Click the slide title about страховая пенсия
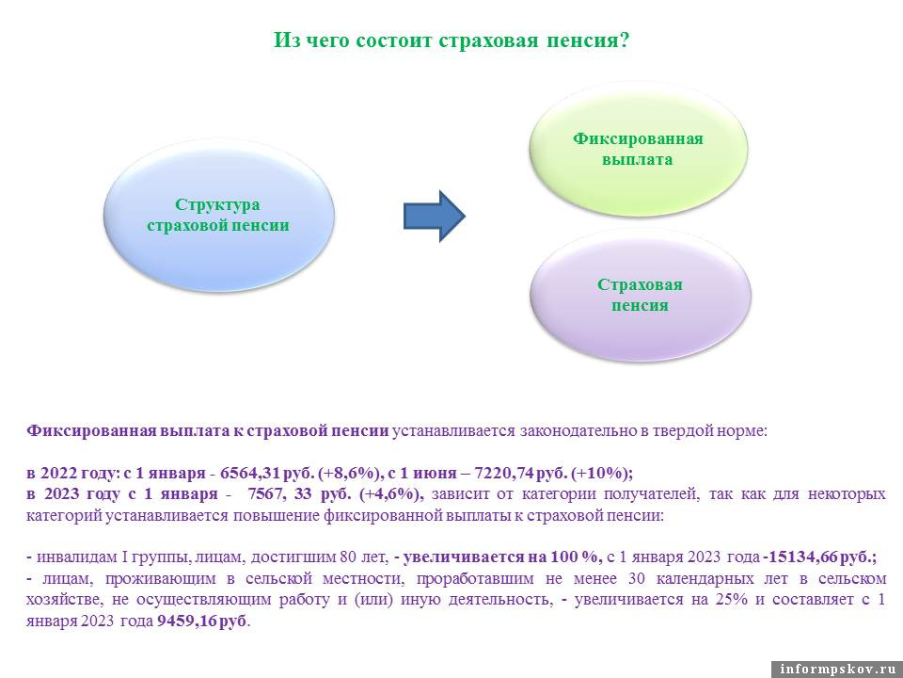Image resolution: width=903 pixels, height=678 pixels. click(451, 40)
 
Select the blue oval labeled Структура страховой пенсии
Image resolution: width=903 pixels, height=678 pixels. click(217, 216)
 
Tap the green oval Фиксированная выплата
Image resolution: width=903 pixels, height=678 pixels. click(638, 149)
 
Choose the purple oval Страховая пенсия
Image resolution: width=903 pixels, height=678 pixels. click(640, 295)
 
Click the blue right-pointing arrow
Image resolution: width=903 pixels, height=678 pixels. click(435, 216)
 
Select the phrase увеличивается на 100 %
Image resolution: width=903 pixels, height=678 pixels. click(501, 556)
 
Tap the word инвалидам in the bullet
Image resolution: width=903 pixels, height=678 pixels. click(70, 556)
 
